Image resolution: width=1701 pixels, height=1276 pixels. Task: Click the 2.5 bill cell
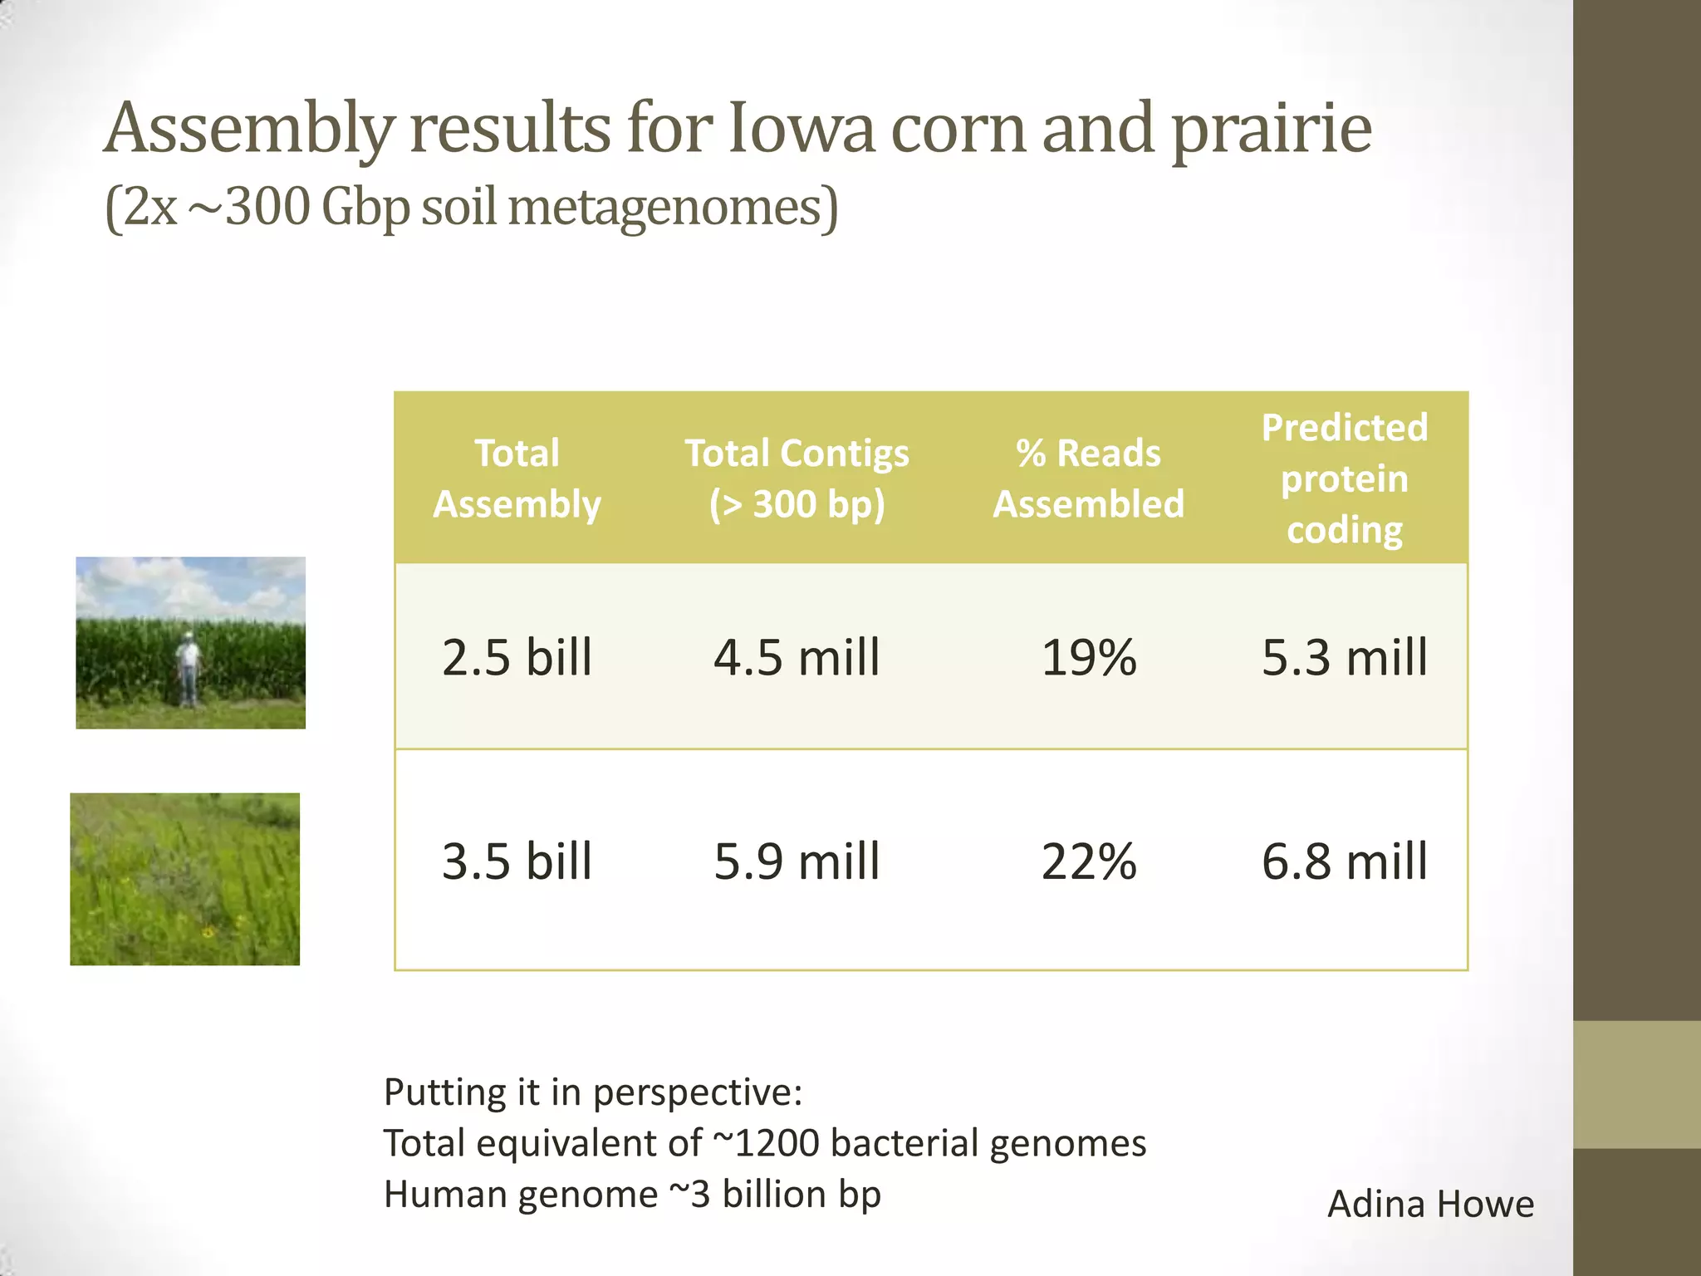coord(517,657)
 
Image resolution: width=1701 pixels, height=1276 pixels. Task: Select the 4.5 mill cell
coord(796,657)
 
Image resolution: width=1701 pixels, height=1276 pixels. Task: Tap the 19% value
coord(1088,657)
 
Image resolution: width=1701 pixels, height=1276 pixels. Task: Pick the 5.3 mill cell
coord(1344,657)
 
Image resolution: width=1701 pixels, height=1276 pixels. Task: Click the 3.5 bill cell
coord(517,861)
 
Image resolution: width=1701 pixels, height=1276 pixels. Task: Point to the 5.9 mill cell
coord(796,861)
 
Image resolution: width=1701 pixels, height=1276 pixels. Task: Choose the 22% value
coord(1088,861)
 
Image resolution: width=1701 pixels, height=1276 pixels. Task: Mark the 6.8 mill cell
coord(1344,861)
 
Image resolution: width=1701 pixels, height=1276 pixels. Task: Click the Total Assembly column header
coord(517,478)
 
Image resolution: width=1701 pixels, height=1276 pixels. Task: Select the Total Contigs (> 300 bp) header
coord(796,478)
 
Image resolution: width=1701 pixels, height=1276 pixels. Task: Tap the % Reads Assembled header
coord(1088,478)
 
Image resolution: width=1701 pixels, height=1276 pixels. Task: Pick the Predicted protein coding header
coord(1344,478)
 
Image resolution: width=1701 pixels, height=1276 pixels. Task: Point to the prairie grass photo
coord(184,879)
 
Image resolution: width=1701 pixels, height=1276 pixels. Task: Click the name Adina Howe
coord(1430,1204)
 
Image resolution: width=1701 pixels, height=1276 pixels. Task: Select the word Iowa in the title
coord(801,129)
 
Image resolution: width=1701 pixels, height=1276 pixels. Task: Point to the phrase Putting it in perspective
coord(592,1092)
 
